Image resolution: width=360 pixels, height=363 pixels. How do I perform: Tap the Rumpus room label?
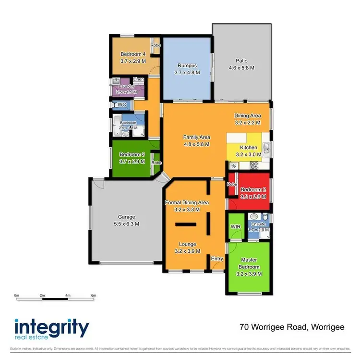coord(187,65)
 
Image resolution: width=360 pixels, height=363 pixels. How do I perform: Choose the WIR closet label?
coord(235,226)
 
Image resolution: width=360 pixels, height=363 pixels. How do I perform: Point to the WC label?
coord(121,104)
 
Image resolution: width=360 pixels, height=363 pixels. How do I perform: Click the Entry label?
coord(217,259)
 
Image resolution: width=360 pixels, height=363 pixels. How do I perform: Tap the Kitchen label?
coord(249,147)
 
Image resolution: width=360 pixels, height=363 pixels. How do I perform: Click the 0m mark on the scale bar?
coord(16,295)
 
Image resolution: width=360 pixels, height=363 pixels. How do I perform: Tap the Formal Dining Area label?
coord(187,202)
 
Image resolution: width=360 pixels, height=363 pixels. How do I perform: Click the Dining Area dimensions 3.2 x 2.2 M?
coord(247,122)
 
